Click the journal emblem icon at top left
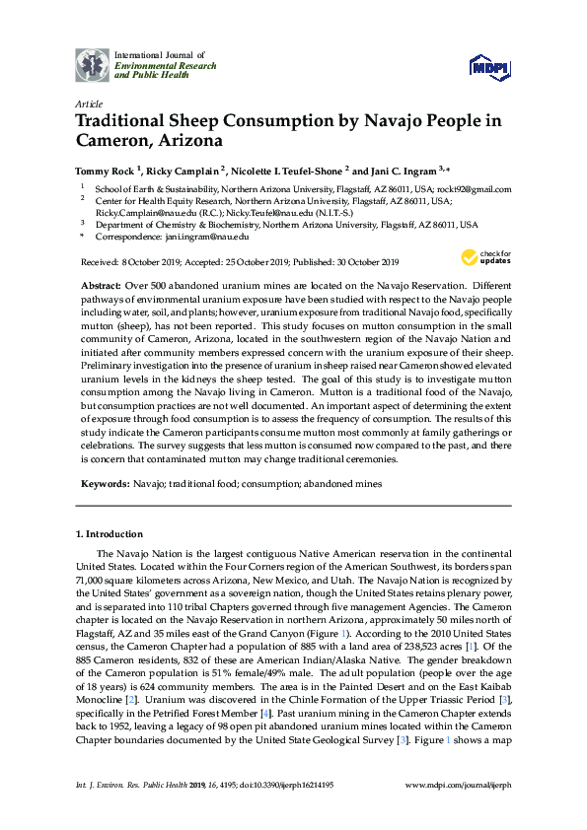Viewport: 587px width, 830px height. pyautogui.click(x=93, y=65)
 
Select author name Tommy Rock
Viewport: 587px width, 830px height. pyautogui.click(x=106, y=170)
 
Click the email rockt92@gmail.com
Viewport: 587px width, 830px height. pyautogui.click(x=477, y=188)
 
